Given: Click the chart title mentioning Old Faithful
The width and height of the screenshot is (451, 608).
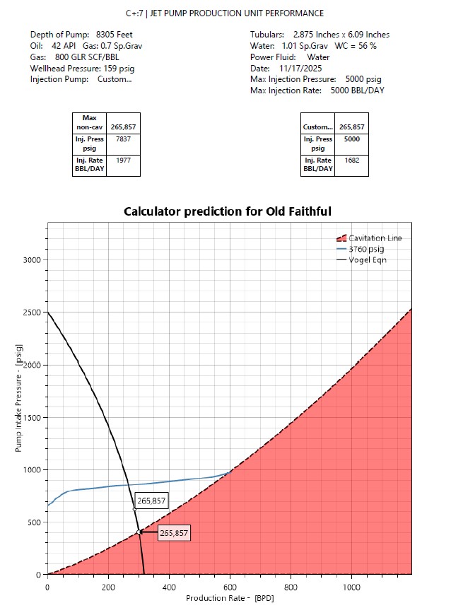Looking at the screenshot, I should [228, 211].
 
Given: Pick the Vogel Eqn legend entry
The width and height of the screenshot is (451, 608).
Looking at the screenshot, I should [367, 259].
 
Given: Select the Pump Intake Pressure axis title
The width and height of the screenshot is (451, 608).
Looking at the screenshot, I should [19, 398].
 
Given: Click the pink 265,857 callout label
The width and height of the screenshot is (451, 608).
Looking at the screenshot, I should [173, 533].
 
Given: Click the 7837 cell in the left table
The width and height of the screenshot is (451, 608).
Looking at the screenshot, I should [123, 139].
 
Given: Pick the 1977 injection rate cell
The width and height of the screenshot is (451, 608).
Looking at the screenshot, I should [123, 160].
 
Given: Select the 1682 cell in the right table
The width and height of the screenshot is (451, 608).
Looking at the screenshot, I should [351, 160].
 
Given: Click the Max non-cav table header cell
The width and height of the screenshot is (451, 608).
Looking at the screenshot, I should [90, 122].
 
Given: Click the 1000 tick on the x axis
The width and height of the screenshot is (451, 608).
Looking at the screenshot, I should [351, 587].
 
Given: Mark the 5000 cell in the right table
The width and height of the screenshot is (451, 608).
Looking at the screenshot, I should [351, 139].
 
